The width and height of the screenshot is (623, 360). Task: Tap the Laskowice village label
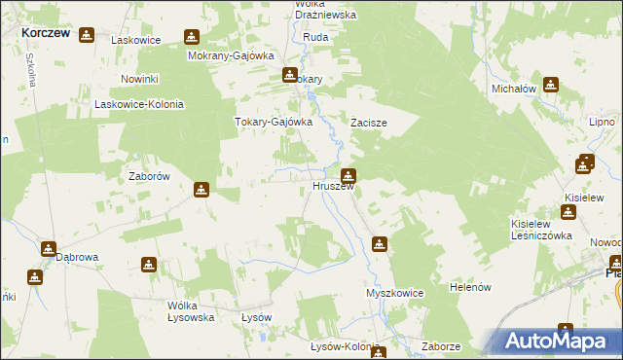click(135, 41)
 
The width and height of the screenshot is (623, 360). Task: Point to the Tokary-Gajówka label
click(273, 123)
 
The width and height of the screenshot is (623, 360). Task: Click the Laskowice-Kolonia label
click(138, 104)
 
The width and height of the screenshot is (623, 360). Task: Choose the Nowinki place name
click(139, 78)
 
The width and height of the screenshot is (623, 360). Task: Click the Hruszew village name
click(332, 186)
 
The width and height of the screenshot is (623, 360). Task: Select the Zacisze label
click(370, 125)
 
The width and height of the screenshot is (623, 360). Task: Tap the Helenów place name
click(474, 288)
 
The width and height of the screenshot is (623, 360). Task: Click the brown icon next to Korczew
click(87, 35)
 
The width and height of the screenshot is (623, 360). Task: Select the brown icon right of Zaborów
click(202, 189)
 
